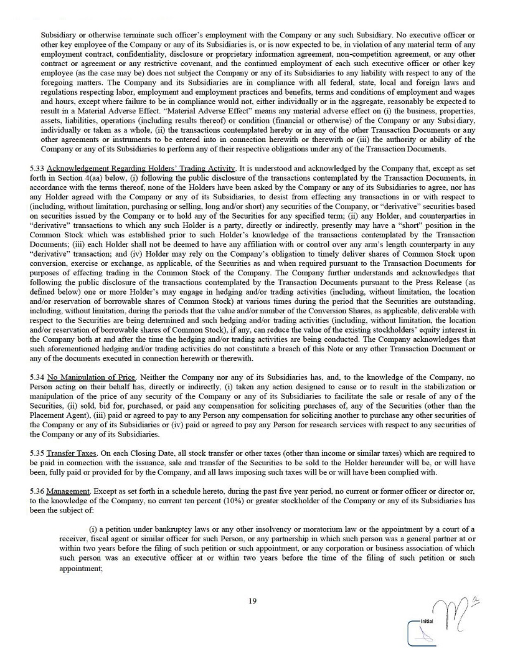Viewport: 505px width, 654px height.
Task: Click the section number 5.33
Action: pyautogui.click(x=37, y=169)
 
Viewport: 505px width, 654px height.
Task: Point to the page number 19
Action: pyautogui.click(x=252, y=601)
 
